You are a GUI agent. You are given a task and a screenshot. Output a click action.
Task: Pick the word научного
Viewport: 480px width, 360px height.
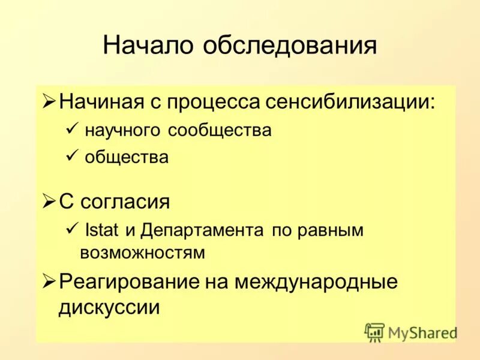pyautogui.click(x=124, y=130)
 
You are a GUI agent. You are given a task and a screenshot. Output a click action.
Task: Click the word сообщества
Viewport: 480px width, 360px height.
pyautogui.click(x=220, y=130)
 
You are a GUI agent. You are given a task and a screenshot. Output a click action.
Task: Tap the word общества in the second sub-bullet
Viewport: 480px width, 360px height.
pyautogui.click(x=127, y=158)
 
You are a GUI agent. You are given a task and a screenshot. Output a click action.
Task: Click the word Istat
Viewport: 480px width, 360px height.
pyautogui.click(x=103, y=230)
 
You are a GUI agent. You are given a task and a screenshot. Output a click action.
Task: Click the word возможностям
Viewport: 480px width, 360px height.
pyautogui.click(x=142, y=253)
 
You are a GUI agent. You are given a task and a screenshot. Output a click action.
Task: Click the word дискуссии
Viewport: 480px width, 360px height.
pyautogui.click(x=110, y=307)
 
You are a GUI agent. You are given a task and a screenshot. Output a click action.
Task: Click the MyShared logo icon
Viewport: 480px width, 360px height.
pyautogui.click(x=374, y=332)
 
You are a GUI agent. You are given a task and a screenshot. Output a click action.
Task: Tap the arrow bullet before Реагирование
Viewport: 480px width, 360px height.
pyautogui.click(x=50, y=281)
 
